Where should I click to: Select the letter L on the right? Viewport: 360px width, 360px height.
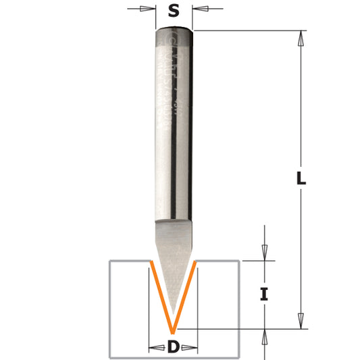[301, 180]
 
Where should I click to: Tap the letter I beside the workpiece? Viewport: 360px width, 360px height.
[264, 294]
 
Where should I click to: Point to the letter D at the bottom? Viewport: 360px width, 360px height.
[173, 347]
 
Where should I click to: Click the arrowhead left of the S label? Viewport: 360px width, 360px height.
[149, 9]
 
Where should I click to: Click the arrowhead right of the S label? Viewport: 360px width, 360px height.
[199, 9]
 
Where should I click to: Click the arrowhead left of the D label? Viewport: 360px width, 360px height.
[154, 348]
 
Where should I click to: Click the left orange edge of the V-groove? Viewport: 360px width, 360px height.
[160, 294]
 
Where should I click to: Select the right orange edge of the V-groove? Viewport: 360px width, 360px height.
[186, 294]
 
